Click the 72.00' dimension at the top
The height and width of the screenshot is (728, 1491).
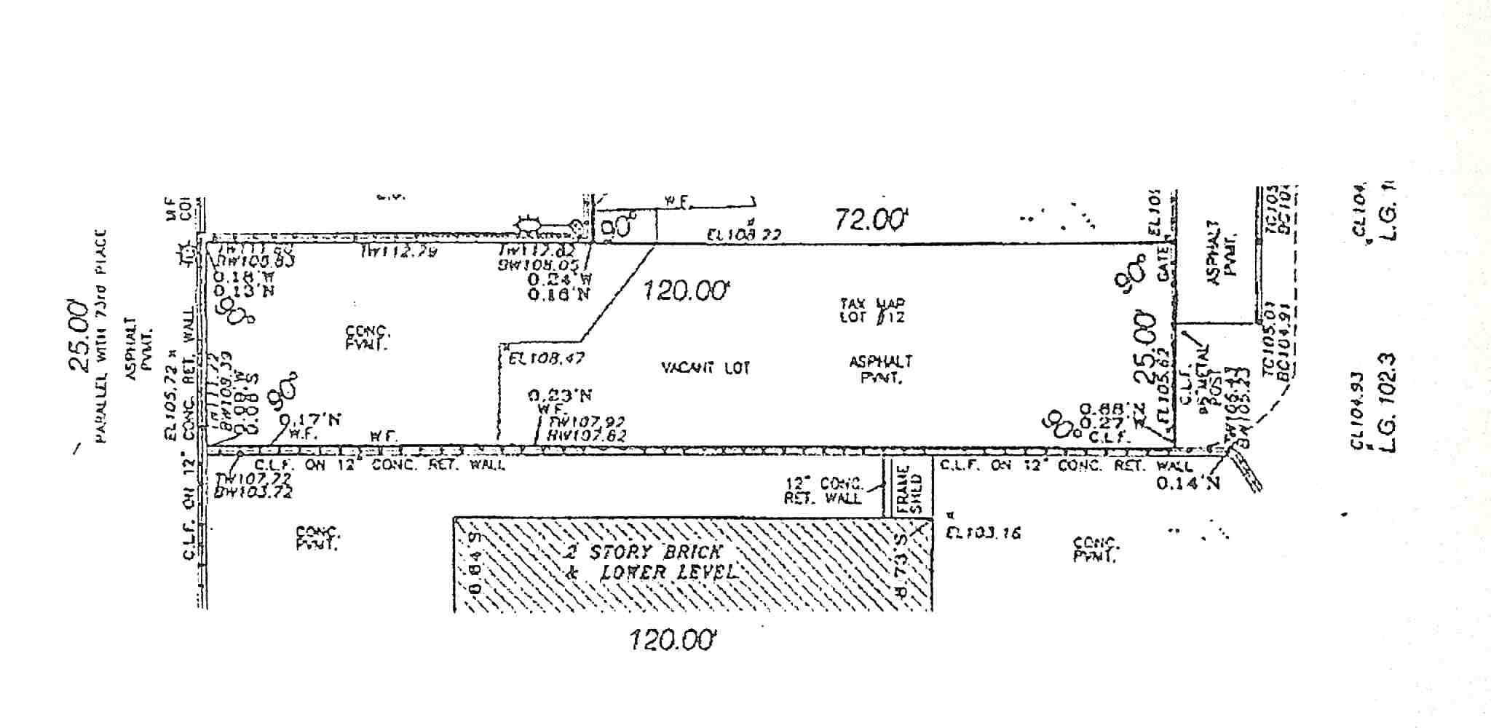click(x=871, y=219)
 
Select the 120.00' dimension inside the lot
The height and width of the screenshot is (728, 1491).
click(x=684, y=292)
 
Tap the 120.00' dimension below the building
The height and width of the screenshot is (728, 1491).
click(x=673, y=641)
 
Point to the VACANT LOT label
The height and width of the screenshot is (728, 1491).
click(x=705, y=368)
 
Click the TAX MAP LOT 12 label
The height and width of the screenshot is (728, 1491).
click(x=872, y=310)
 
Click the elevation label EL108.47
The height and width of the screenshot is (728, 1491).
click(x=546, y=358)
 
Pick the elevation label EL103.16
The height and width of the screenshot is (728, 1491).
click(x=983, y=533)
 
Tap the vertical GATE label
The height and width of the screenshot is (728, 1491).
click(x=1163, y=264)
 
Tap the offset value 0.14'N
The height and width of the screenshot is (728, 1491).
click(x=1187, y=482)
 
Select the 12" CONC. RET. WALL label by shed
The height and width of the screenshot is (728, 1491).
click(x=823, y=491)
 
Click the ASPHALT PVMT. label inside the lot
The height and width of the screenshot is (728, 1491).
click(x=880, y=368)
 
